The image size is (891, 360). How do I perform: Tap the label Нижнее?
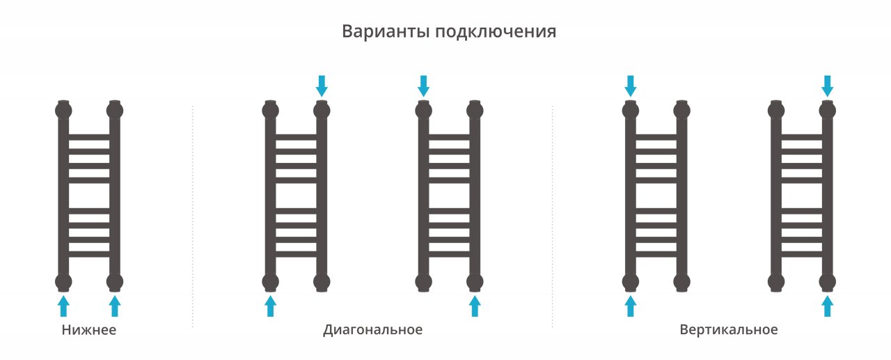[x=88, y=330]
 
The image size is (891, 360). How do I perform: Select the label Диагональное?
[x=372, y=330]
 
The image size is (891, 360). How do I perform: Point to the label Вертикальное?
[x=729, y=330]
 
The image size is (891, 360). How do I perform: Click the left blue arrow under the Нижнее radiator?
[x=63, y=305]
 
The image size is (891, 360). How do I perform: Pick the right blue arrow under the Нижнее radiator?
[x=115, y=305]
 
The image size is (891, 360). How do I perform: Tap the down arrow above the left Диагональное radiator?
[x=321, y=86]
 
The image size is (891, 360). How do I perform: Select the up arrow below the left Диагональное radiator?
[x=270, y=305]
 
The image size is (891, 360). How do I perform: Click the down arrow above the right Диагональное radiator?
[x=423, y=86]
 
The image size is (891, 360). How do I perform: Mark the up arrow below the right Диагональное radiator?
[x=475, y=305]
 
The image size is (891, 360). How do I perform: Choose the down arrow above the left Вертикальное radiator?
[x=631, y=86]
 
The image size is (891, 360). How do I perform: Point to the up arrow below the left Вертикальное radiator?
[x=631, y=305]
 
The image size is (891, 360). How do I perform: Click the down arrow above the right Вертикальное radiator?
[x=827, y=86]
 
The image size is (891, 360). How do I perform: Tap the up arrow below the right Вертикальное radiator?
[x=827, y=305]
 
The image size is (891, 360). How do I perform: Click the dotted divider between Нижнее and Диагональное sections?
[x=192, y=216]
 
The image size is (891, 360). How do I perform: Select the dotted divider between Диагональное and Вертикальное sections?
[x=552, y=216]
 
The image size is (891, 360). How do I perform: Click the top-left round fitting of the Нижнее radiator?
[x=63, y=110]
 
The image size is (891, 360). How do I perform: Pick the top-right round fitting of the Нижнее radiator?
[x=115, y=110]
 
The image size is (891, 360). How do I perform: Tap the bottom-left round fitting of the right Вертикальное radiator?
[x=776, y=282]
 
